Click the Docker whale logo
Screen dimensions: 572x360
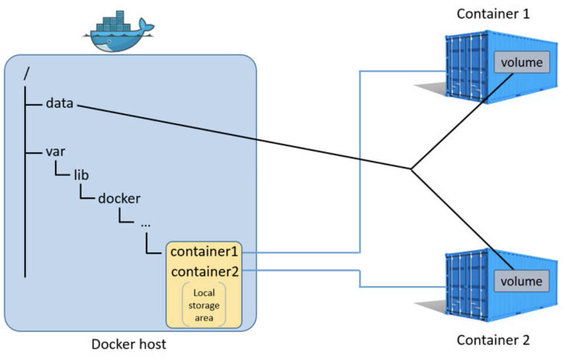pos(119,31)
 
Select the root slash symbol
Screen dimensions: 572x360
pos(26,74)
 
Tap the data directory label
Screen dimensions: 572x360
pos(60,103)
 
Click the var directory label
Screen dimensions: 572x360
pos(55,152)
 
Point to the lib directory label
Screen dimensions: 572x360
pos(81,175)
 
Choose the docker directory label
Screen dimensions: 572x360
pos(119,198)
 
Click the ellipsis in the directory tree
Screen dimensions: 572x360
pos(146,225)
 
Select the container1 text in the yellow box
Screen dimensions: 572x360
pos(204,251)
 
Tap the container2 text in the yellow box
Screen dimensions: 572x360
pos(205,272)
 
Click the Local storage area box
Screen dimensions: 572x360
pos(204,305)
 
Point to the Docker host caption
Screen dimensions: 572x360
pos(129,344)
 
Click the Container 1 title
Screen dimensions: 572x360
pos(493,14)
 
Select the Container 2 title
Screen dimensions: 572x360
pos(493,340)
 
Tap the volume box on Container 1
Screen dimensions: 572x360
pos(522,62)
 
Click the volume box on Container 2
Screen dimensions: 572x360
pos(521,281)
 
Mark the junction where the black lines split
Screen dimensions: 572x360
pos(411,169)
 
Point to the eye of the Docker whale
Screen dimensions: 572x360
pos(109,41)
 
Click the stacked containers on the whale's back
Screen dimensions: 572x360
pos(113,21)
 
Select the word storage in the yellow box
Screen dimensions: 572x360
pos(204,305)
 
